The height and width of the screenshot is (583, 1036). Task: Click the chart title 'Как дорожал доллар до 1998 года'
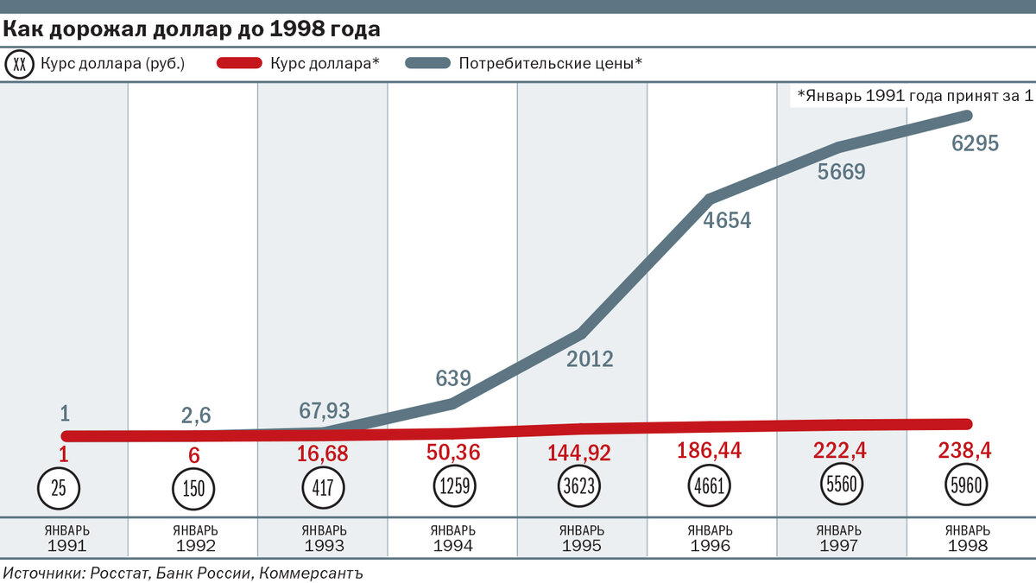click(192, 30)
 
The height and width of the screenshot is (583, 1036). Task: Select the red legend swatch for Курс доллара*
click(227, 63)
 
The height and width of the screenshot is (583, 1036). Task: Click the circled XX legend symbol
click(21, 63)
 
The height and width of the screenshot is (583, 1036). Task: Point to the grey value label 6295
click(975, 144)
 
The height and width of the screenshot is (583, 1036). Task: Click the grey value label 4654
click(727, 220)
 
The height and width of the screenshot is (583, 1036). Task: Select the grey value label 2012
click(590, 359)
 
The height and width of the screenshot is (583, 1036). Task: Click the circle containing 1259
click(454, 487)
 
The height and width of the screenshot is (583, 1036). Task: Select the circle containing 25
click(59, 488)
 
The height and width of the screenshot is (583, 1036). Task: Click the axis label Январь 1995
click(582, 538)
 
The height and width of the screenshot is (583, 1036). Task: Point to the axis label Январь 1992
click(194, 538)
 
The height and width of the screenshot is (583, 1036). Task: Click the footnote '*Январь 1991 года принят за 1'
click(914, 96)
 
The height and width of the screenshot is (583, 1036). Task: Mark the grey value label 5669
click(841, 172)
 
